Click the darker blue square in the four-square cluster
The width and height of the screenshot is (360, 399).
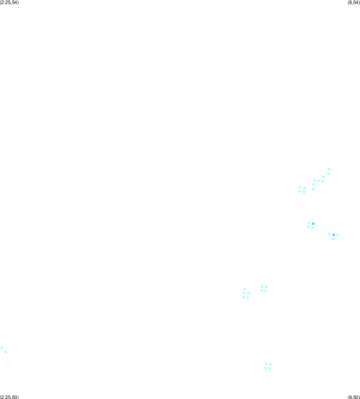[x=313, y=224]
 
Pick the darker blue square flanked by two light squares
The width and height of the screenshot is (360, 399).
[x=334, y=235]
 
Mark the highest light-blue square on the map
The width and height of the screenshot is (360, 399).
[x=329, y=169]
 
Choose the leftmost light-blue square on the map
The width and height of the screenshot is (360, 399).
[x=2, y=348]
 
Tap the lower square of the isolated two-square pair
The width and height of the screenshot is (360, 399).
[x=6, y=352]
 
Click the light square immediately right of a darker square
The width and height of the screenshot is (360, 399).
[x=338, y=235]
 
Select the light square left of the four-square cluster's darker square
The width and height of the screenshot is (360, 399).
[x=309, y=223]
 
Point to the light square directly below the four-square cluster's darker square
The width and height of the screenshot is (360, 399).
[x=312, y=228]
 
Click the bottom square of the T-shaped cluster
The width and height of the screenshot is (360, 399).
[x=333, y=239]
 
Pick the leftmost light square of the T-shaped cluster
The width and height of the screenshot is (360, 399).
[x=329, y=234]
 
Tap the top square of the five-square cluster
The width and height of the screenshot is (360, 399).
[x=244, y=289]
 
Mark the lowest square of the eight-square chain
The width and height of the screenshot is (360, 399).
[x=313, y=189]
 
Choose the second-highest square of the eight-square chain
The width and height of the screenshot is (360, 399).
[x=328, y=173]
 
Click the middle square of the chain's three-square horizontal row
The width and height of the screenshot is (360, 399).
[x=319, y=181]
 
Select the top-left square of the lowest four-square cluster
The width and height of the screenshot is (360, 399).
[x=266, y=364]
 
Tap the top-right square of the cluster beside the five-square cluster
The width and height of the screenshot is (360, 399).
[x=266, y=287]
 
